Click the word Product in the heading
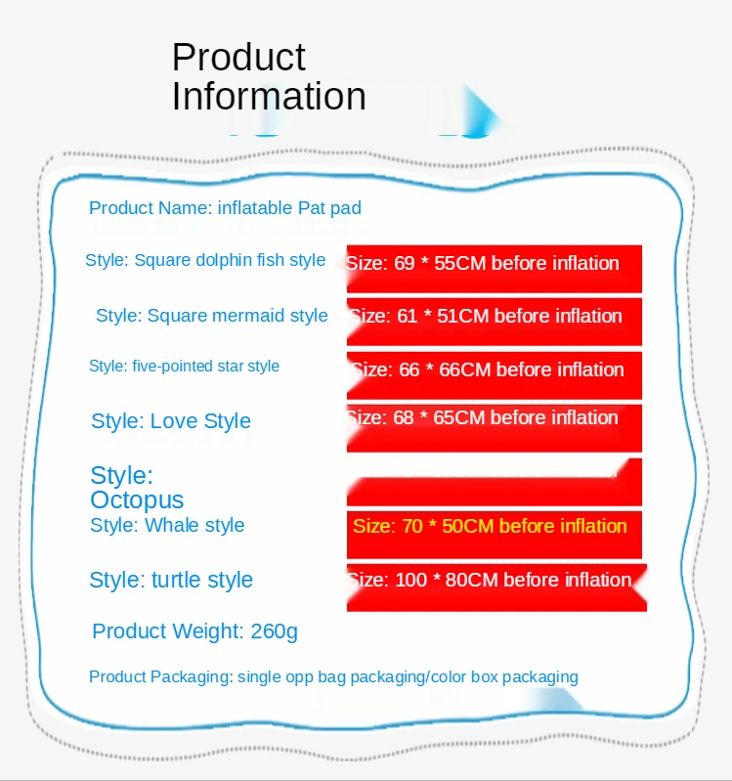click(238, 58)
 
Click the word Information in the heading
click(269, 97)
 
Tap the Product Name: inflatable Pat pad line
click(225, 208)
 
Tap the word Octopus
click(137, 499)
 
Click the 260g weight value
click(274, 631)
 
